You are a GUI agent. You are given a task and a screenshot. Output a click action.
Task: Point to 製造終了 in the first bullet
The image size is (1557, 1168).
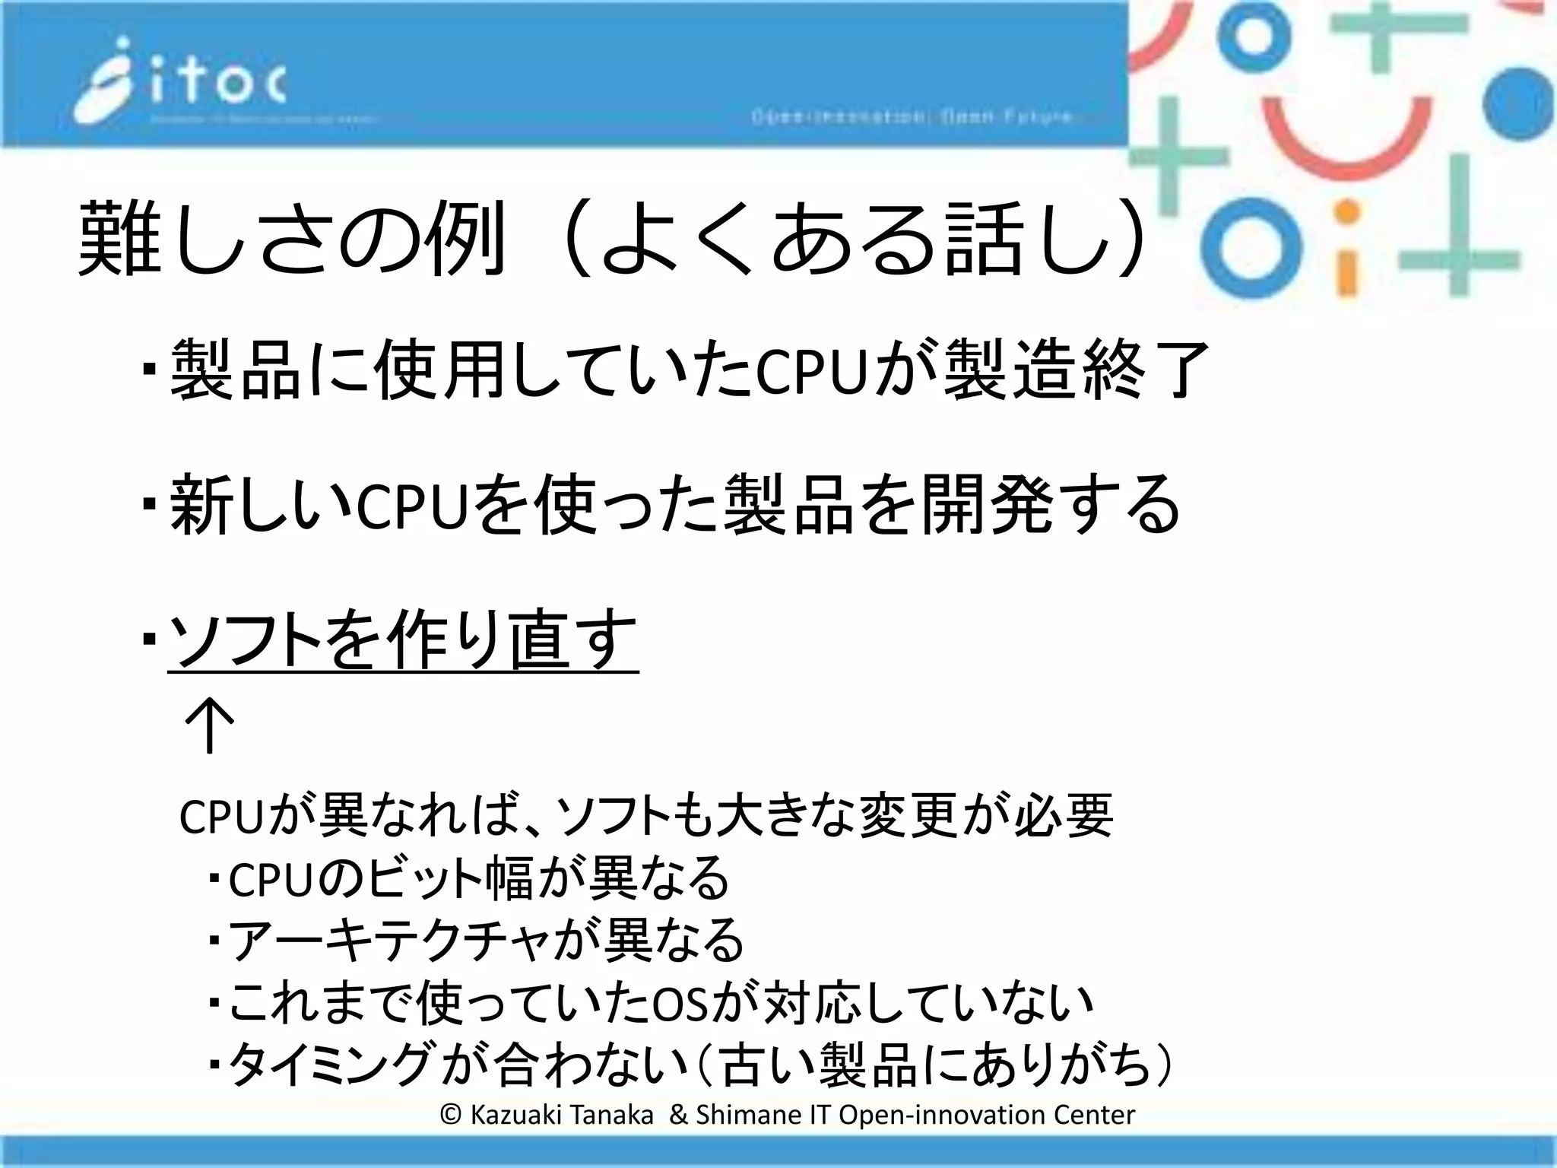(x=1075, y=370)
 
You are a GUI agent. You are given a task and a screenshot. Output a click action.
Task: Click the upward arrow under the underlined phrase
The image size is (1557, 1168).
(x=209, y=725)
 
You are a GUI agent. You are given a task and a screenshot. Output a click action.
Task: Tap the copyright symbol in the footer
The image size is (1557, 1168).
(x=451, y=1115)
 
